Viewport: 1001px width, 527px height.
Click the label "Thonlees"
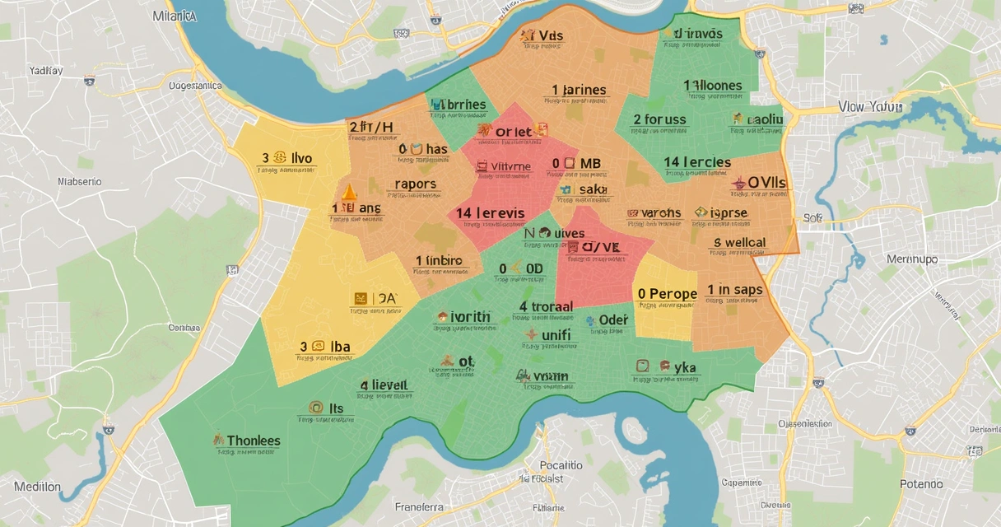pos(253,441)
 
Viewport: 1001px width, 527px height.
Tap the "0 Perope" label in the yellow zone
pos(667,294)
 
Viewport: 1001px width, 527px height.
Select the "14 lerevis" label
pos(491,213)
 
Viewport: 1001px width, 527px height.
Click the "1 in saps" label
pos(735,290)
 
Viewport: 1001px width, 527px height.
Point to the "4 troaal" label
pos(546,307)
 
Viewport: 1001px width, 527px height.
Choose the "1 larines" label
pos(579,91)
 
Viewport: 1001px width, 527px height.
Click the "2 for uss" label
pos(659,119)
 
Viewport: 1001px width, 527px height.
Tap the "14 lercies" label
pos(697,162)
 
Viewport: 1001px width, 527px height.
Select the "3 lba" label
pos(326,347)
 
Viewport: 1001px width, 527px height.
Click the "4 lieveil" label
pos(384,385)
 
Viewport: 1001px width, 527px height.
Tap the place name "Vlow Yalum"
pos(870,107)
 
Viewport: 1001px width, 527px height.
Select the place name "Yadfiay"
pos(46,71)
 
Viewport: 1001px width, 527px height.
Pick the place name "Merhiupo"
pos(911,259)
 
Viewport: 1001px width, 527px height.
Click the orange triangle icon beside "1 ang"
pos(348,193)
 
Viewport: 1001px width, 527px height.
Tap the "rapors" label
pos(416,184)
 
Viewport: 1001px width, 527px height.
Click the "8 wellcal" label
pos(739,243)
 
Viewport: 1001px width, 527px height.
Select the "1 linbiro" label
pos(438,261)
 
